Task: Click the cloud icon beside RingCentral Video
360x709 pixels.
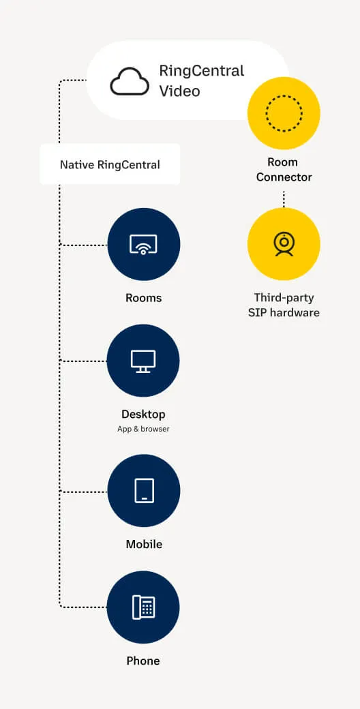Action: pyautogui.click(x=130, y=81)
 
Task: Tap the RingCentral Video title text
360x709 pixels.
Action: pyautogui.click(x=202, y=81)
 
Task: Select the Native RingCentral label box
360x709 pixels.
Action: pyautogui.click(x=110, y=164)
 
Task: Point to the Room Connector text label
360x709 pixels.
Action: pyautogui.click(x=284, y=170)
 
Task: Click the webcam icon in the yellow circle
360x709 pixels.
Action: pyautogui.click(x=284, y=244)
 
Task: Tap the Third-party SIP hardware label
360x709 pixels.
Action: pyautogui.click(x=284, y=305)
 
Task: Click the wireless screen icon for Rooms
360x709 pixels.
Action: pyautogui.click(x=143, y=244)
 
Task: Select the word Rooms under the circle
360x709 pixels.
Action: pyautogui.click(x=143, y=298)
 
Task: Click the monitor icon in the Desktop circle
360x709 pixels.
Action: pyautogui.click(x=143, y=361)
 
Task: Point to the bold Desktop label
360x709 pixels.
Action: pyautogui.click(x=143, y=414)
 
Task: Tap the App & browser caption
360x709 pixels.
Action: pyautogui.click(x=143, y=429)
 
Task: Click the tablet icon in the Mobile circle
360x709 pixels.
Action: pyautogui.click(x=144, y=491)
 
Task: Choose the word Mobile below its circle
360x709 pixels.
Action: pyautogui.click(x=144, y=544)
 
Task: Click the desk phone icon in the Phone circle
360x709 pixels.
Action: pyautogui.click(x=143, y=607)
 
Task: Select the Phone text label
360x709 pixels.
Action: pyautogui.click(x=143, y=661)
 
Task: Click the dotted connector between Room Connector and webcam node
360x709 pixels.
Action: pyautogui.click(x=284, y=199)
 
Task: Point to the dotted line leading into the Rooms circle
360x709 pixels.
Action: pyautogui.click(x=84, y=245)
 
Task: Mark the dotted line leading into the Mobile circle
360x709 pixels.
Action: pyautogui.click(x=84, y=492)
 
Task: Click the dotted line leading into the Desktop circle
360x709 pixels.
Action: pyautogui.click(x=84, y=361)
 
